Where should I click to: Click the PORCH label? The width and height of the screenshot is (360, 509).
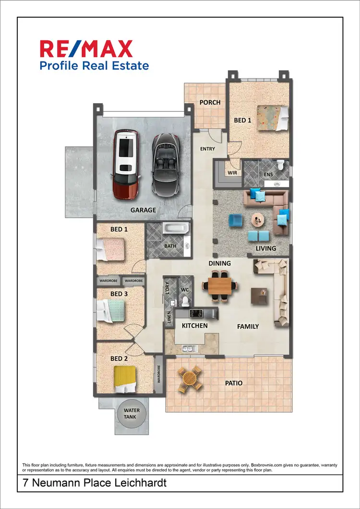click(x=210, y=102)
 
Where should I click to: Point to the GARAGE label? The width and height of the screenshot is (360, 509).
click(x=144, y=210)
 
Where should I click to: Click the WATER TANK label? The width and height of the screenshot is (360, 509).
click(x=132, y=414)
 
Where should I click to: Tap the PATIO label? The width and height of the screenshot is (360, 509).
click(x=234, y=383)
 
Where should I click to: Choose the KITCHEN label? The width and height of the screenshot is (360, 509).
click(x=194, y=326)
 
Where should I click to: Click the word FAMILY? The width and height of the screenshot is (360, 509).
click(x=248, y=326)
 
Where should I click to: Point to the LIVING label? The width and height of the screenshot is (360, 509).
click(x=266, y=248)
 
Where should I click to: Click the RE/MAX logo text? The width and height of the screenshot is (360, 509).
click(x=86, y=49)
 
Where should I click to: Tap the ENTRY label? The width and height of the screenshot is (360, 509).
click(x=207, y=149)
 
